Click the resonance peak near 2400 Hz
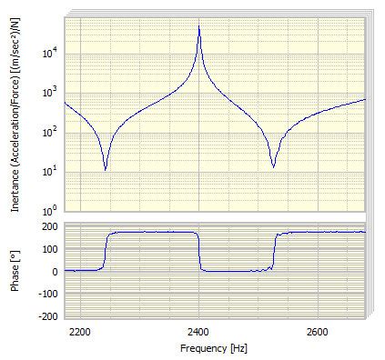pyautogui.click(x=199, y=27)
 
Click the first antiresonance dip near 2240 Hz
pyautogui.click(x=106, y=169)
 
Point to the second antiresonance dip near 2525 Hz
pyautogui.click(x=273, y=166)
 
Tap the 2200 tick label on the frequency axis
pyautogui.click(x=81, y=333)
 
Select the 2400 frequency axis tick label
pyautogui.click(x=199, y=333)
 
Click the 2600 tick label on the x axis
pyautogui.click(x=318, y=333)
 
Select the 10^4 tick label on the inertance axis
pyautogui.click(x=50, y=53)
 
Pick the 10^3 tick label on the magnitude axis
pyautogui.click(x=50, y=92)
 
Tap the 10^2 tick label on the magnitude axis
pyautogui.click(x=50, y=132)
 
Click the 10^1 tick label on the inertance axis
pyautogui.click(x=50, y=172)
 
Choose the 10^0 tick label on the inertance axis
pyautogui.click(x=50, y=211)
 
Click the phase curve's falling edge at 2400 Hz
pyautogui.click(x=200, y=251)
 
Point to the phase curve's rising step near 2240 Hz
pyautogui.click(x=105, y=251)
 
